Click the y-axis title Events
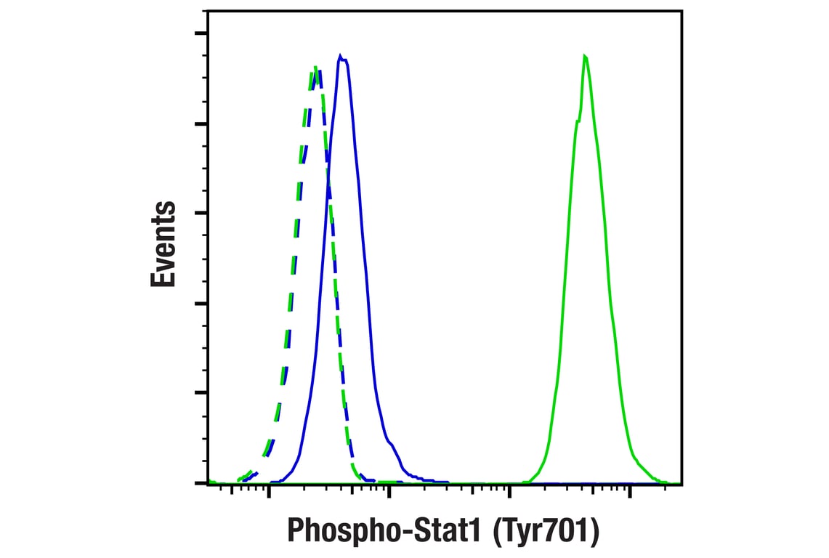tap(163, 244)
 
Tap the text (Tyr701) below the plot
tap(545, 531)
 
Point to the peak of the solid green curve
tap(584, 55)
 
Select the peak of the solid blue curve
tap(340, 55)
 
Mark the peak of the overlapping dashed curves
tap(316, 67)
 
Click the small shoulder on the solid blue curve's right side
tap(391, 442)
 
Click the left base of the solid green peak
tap(529, 480)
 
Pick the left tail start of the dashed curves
tap(240, 480)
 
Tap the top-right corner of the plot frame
tap(682, 11)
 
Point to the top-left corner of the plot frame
tap(208, 11)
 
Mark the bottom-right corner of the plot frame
tap(682, 483)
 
